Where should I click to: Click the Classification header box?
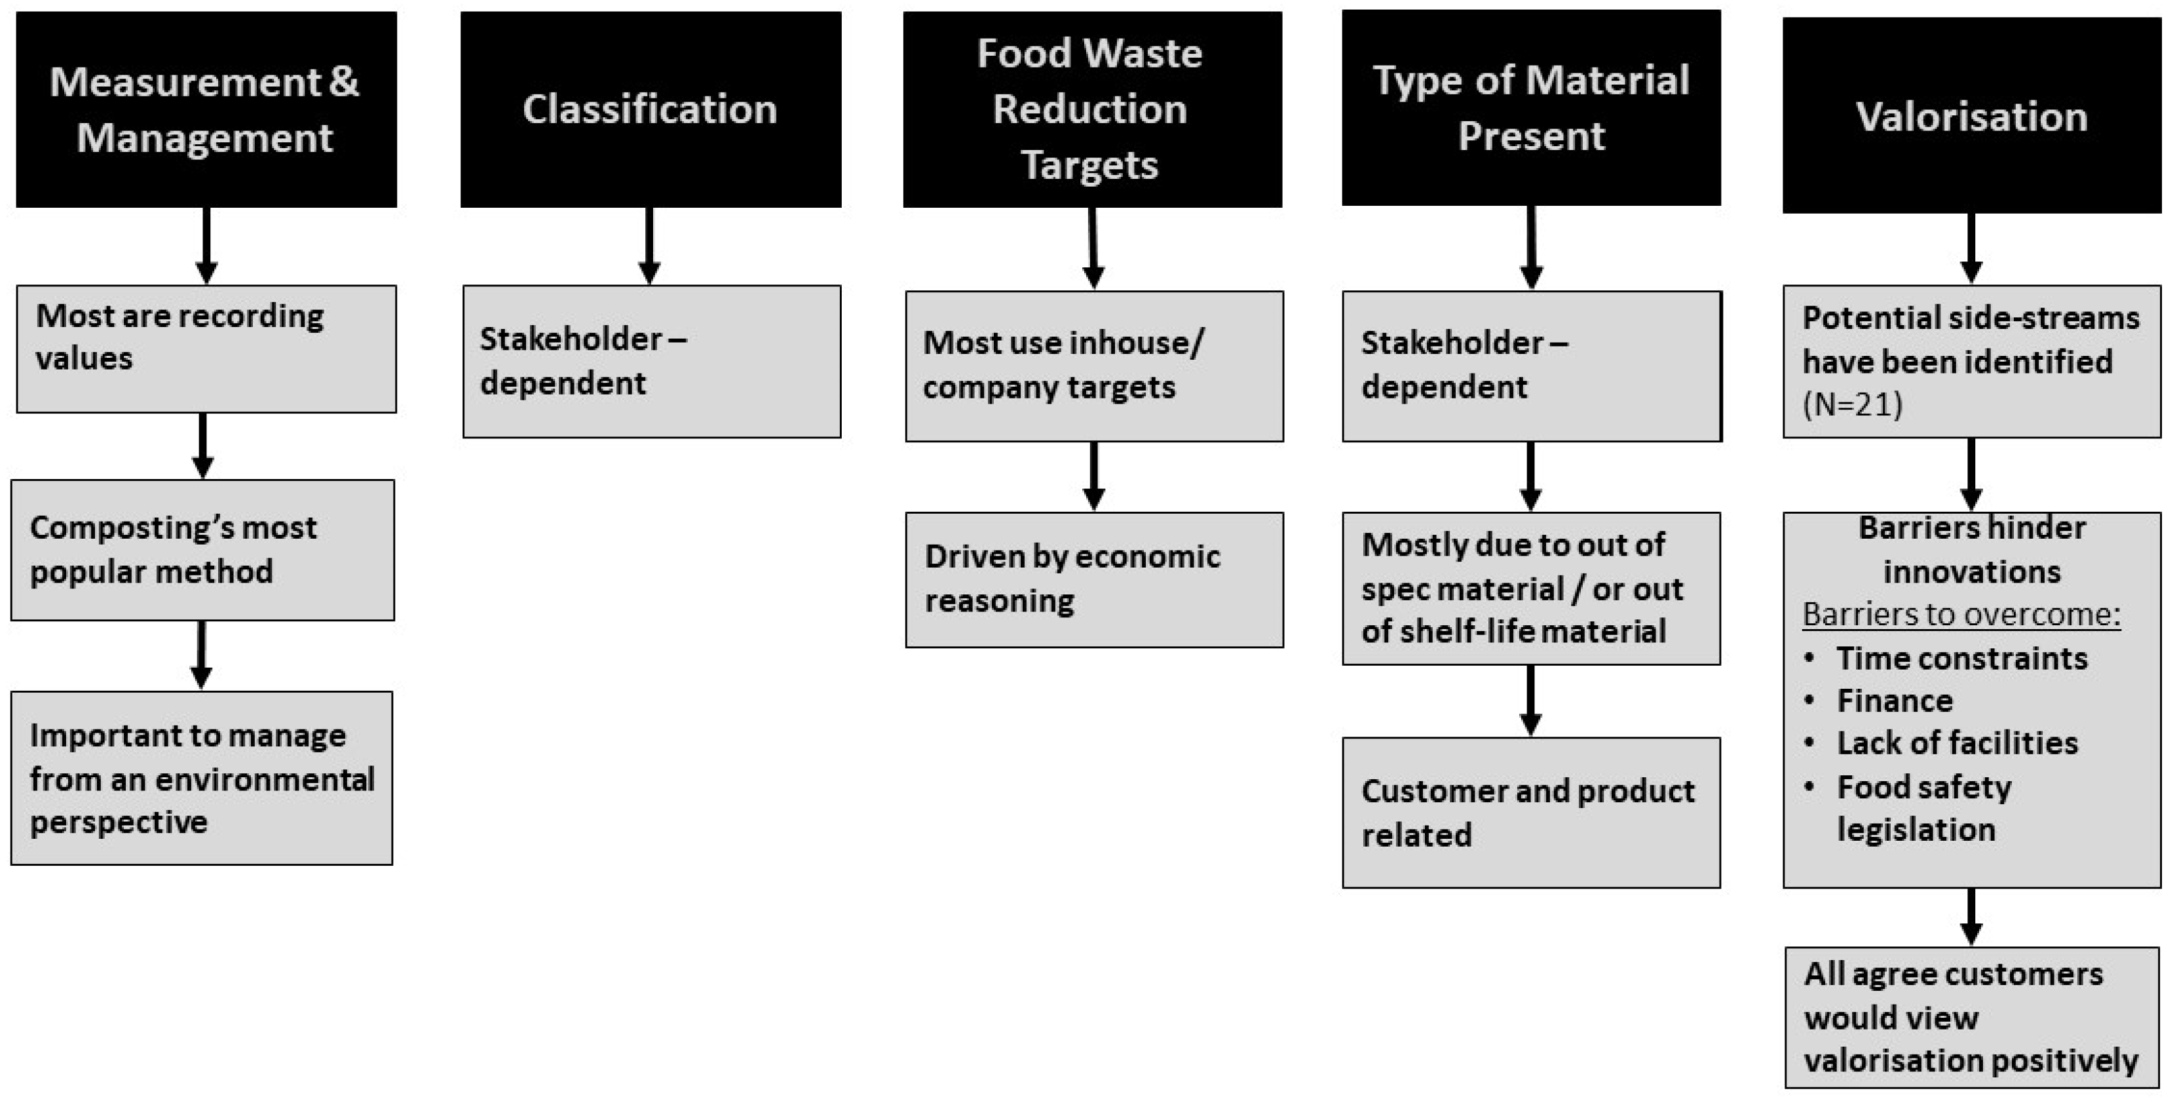coord(650,109)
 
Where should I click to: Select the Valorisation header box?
coord(1971,116)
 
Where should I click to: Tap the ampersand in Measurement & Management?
coord(343,82)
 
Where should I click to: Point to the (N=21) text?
coord(1853,404)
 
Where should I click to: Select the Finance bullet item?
coord(1894,701)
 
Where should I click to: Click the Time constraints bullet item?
coord(1961,658)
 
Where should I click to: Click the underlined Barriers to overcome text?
coord(1961,614)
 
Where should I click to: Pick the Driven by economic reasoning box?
coord(1094,579)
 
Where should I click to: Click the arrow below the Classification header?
coord(649,246)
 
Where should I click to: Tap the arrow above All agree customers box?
coord(1971,916)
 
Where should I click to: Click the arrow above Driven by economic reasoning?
coord(1094,475)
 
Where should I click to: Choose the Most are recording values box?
coord(206,348)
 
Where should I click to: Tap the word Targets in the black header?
coord(1089,164)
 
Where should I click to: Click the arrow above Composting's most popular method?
coord(202,445)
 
